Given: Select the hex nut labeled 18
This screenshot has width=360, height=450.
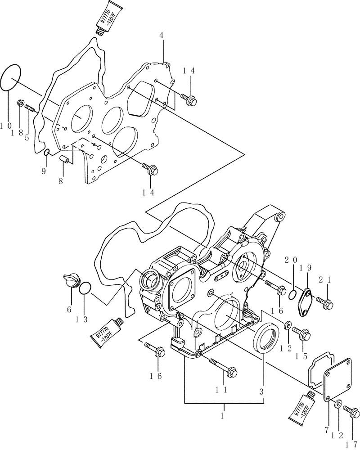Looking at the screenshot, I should click(x=20, y=104).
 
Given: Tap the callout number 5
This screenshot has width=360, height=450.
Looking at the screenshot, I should click(x=27, y=138).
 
